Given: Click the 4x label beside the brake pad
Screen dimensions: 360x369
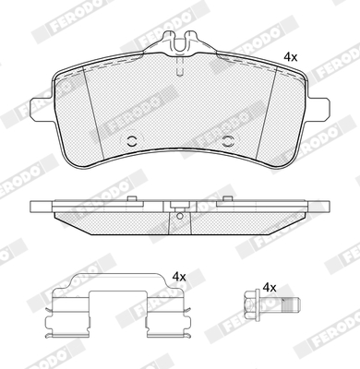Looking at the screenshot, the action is (x=290, y=57).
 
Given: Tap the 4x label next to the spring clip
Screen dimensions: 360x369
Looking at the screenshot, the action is (x=179, y=277).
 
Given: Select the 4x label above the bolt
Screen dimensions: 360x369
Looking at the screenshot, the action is (x=270, y=288).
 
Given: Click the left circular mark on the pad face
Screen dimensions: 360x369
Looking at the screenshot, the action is (x=132, y=141).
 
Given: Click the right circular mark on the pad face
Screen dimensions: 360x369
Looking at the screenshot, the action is (x=228, y=141).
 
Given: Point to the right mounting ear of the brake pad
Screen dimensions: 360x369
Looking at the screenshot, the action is (x=318, y=109).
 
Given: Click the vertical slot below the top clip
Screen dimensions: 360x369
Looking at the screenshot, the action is (x=180, y=67).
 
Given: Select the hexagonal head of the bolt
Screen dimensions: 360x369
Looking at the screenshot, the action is (x=250, y=304).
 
